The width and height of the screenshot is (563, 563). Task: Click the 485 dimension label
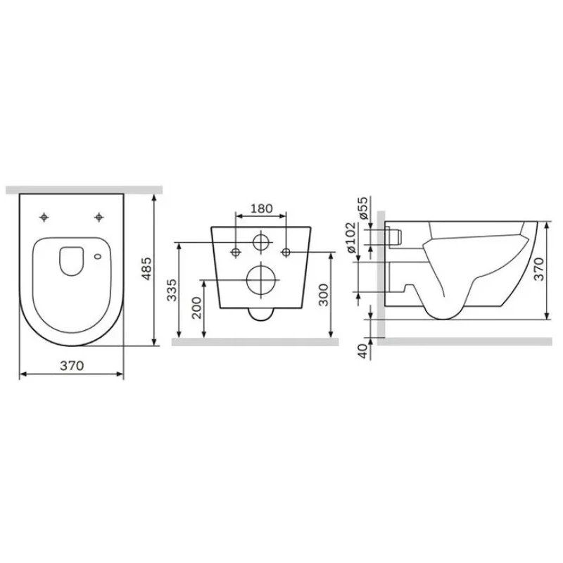[x=146, y=269]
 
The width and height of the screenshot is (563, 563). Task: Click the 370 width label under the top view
[x=72, y=365]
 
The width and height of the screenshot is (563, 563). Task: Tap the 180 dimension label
[x=261, y=208]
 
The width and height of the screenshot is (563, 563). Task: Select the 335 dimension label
[x=172, y=290]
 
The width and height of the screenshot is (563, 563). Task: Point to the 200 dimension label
[x=196, y=308]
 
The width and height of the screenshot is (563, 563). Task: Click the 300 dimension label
[x=324, y=295]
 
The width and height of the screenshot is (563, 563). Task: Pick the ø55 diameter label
[x=363, y=208]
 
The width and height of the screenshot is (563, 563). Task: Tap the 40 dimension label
[x=363, y=350]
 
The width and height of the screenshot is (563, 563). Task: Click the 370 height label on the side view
[x=538, y=270]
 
